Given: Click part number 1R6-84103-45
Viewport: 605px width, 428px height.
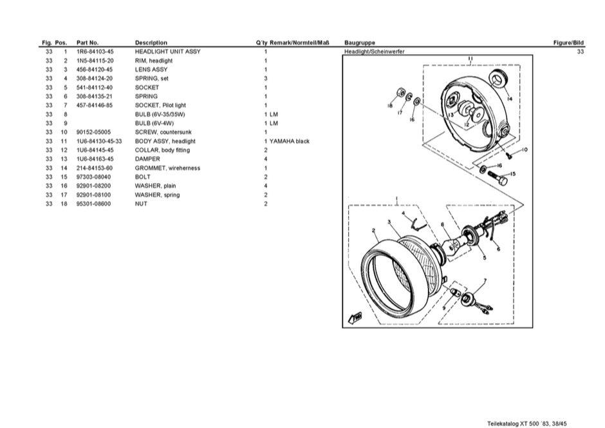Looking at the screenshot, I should tap(95, 52).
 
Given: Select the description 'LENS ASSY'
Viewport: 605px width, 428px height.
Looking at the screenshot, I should tap(151, 70).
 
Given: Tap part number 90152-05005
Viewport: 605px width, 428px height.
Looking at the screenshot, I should tap(95, 132).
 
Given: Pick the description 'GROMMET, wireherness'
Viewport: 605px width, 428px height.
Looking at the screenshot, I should tap(167, 168).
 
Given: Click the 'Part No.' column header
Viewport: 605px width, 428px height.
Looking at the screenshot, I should tap(87, 43).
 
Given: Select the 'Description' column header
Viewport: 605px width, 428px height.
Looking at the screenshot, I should tap(151, 43).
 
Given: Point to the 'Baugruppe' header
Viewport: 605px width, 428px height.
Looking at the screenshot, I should tap(360, 43).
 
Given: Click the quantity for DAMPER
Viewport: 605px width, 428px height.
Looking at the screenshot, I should tap(266, 159).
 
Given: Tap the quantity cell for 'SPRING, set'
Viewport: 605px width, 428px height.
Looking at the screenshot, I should tap(266, 79).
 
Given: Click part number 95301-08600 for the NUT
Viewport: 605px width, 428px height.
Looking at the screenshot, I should tap(95, 204).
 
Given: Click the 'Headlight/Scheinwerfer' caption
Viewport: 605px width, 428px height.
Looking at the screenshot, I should tap(375, 52).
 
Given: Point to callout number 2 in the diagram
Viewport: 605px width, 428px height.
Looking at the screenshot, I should tap(374, 230).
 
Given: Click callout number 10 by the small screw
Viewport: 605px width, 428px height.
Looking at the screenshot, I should tap(525, 150).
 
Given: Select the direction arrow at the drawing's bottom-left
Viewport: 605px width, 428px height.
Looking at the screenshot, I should tap(354, 316).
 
